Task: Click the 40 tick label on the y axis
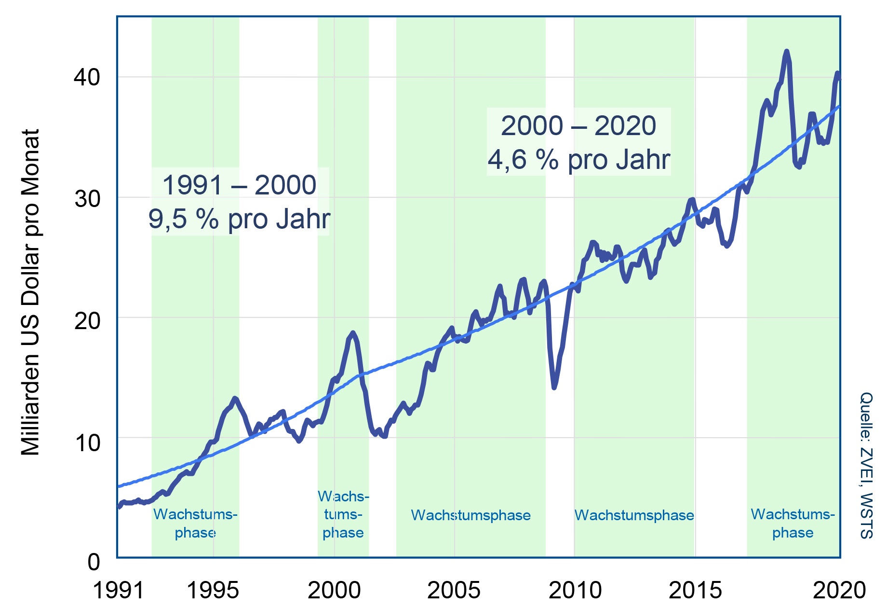(x=86, y=77)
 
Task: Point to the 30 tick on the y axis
(x=86, y=198)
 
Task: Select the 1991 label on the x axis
(x=118, y=590)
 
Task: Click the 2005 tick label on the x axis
(x=454, y=590)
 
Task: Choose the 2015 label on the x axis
(x=695, y=590)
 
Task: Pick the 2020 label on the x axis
(x=839, y=590)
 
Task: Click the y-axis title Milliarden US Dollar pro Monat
(x=30, y=292)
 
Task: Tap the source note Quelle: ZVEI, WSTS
(x=866, y=465)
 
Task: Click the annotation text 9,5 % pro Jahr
(x=239, y=219)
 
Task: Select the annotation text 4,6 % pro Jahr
(x=578, y=160)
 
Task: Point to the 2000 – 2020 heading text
(x=578, y=126)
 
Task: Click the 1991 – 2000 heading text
(x=239, y=185)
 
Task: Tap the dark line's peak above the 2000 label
(x=353, y=332)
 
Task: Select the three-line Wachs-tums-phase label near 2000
(x=343, y=514)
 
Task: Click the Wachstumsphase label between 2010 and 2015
(x=634, y=515)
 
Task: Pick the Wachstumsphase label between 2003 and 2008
(x=470, y=515)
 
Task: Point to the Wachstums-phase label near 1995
(x=195, y=524)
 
